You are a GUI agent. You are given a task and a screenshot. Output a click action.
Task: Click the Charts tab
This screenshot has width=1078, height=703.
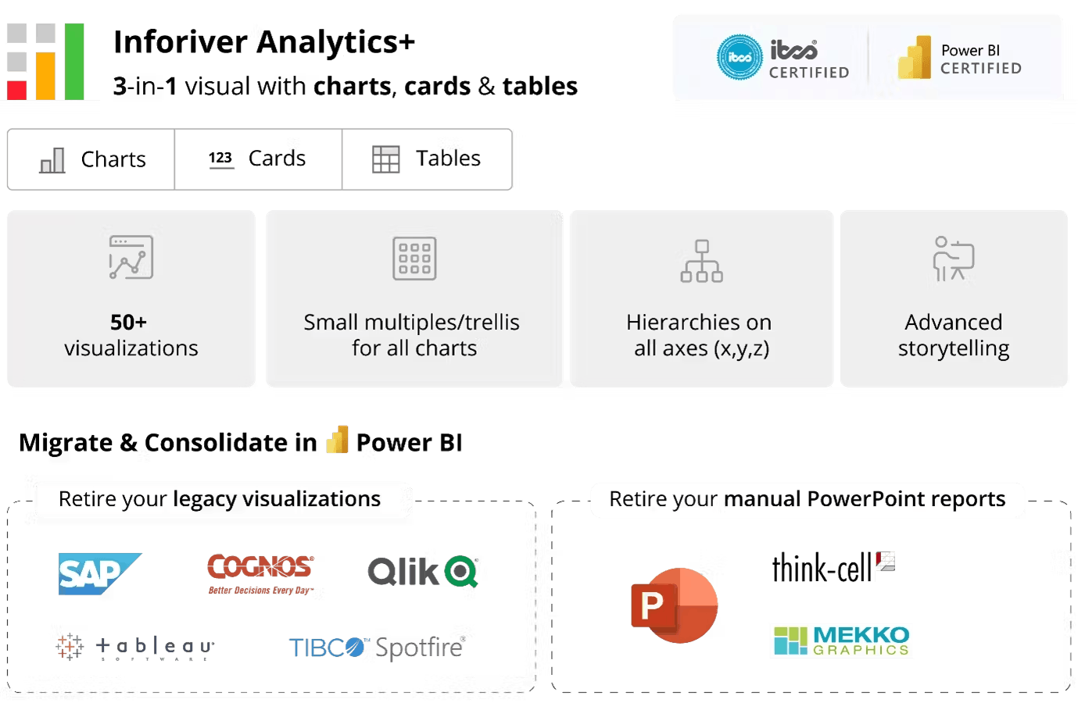91,159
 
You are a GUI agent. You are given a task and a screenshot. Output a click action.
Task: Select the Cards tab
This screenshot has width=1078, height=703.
258,159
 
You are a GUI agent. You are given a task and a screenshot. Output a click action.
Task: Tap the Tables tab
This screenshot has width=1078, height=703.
427,159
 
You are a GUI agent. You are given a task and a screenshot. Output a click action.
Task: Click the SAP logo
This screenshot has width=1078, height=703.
99,573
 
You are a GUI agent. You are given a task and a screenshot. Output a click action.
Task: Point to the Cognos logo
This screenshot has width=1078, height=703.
261,574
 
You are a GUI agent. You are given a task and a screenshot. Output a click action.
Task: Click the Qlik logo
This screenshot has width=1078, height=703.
423,571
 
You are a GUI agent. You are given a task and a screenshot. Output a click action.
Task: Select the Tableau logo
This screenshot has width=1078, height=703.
134,647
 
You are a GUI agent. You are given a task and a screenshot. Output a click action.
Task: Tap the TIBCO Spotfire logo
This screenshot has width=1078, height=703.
378,647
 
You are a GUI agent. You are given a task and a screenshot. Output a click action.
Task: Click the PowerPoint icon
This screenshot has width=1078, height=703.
674,605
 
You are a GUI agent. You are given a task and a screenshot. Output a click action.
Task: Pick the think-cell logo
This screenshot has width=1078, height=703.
833,567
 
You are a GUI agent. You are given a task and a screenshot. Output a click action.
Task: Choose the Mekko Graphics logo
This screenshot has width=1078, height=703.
841,641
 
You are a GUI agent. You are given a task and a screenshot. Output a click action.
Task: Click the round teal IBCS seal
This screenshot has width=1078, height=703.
740,57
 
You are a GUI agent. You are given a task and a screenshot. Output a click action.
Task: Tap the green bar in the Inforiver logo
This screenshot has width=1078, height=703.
74,62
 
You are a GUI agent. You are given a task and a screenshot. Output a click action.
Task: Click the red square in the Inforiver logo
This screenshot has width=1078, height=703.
17,91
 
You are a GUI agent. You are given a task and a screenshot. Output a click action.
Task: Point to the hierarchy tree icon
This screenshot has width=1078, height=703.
702,261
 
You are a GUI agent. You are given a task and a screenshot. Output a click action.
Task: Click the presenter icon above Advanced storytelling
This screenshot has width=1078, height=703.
954,259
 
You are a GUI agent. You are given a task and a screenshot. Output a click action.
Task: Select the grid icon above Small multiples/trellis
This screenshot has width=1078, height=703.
414,259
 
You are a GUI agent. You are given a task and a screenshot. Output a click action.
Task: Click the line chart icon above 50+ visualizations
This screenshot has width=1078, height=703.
131,257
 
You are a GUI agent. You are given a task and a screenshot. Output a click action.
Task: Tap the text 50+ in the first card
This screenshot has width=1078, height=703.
128,322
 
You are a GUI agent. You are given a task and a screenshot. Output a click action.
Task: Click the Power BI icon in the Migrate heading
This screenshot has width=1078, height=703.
338,440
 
